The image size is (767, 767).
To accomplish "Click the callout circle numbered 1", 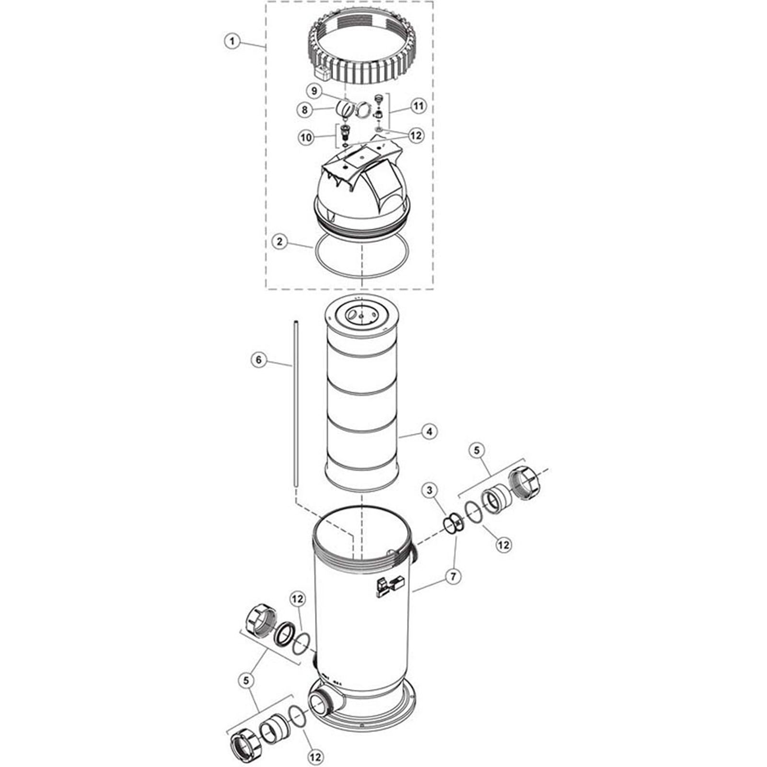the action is pyautogui.click(x=232, y=41).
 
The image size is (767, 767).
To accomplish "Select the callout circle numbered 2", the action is pyautogui.click(x=279, y=241).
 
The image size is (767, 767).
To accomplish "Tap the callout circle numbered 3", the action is pyautogui.click(x=430, y=490).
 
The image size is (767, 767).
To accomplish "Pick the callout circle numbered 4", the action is pyautogui.click(x=429, y=431).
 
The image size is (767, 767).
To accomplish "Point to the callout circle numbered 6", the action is pyautogui.click(x=259, y=360).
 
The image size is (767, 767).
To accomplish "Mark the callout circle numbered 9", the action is pyautogui.click(x=314, y=91).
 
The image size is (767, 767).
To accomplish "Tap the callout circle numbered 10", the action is pyautogui.click(x=306, y=138).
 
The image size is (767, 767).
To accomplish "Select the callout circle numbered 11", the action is pyautogui.click(x=419, y=106).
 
